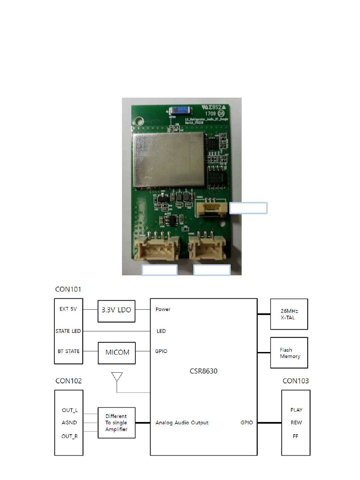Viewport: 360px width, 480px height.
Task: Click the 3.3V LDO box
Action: pos(116,311)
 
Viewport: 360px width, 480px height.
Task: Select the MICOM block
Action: pos(117,353)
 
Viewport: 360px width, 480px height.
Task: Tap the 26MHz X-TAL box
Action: pos(289,314)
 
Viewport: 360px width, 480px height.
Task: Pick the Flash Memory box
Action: pos(289,353)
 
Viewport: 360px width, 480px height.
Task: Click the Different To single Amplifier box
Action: pos(116,423)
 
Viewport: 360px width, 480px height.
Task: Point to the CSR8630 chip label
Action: pos(203,371)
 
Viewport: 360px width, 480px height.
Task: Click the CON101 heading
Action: pos(68,289)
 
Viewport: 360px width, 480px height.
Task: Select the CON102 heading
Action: pos(68,381)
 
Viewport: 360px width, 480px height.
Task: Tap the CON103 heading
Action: pos(295,381)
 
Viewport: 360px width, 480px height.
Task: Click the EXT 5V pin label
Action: pos(68,309)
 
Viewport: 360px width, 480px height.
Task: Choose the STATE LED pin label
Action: pos(68,331)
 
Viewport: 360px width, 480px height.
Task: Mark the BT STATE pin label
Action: pos(68,351)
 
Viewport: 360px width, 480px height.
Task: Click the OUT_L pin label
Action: pos(70,410)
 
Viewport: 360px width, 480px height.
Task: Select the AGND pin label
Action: pos(69,423)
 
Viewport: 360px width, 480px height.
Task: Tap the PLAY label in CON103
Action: pos(296,410)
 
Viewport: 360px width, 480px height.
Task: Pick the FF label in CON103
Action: pos(295,436)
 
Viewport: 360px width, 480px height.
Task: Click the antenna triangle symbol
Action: pos(117,377)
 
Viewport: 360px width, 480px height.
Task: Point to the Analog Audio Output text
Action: pos(182,423)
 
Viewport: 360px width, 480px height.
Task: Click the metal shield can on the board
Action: pos(169,159)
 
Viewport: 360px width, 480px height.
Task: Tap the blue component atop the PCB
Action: pos(180,111)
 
